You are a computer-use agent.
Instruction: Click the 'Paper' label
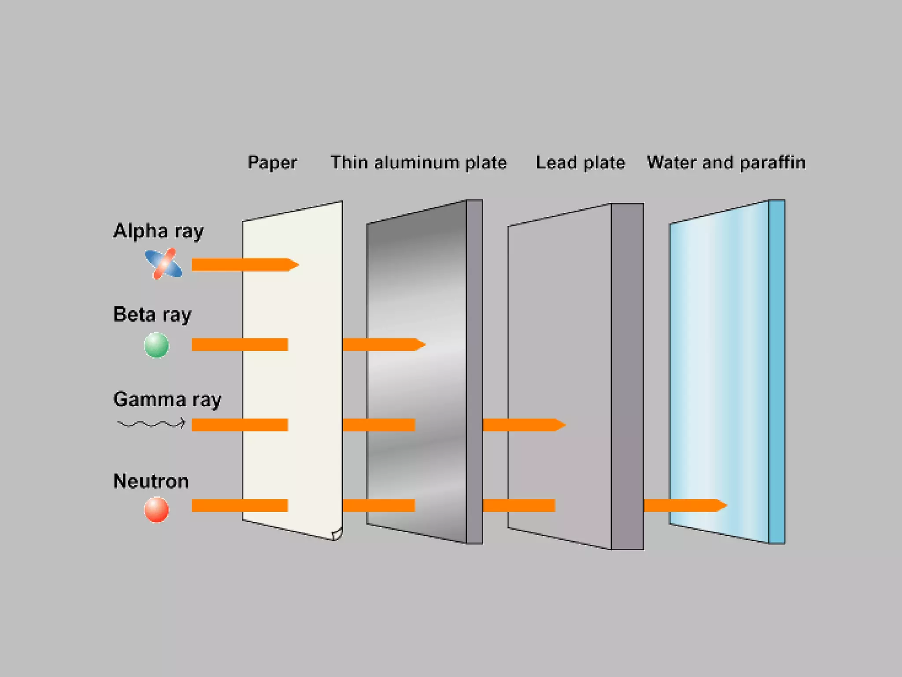coord(272,163)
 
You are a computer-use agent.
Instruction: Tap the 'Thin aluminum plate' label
coord(418,163)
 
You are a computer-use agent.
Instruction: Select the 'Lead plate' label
coord(580,163)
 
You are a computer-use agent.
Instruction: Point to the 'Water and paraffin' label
coord(726,163)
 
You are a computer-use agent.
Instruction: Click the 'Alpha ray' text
coord(158,231)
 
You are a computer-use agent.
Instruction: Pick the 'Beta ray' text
coord(152,315)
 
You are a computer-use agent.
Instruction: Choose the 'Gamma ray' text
coord(167,399)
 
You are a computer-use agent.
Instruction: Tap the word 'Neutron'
coord(151,481)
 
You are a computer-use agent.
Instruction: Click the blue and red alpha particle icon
coord(163,264)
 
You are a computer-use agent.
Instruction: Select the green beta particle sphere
coord(156,345)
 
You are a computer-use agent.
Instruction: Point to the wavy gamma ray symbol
coord(151,424)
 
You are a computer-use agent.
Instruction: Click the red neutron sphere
coord(156,510)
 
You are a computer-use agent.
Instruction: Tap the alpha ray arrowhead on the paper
coord(293,264)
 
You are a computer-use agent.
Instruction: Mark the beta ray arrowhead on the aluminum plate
coord(420,344)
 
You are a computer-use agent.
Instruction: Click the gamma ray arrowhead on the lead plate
coord(560,425)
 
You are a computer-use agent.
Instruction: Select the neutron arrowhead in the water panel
coord(721,505)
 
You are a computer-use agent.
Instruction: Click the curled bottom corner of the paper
coord(337,535)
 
